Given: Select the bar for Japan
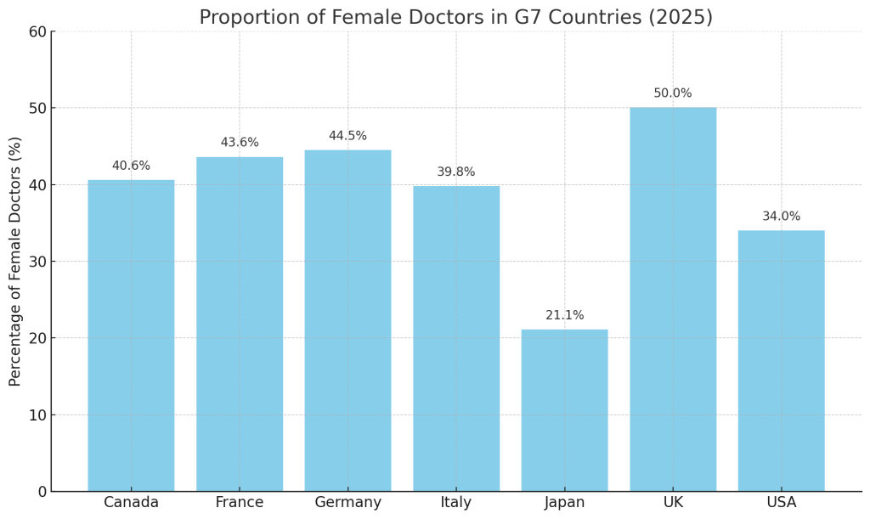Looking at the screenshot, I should pyautogui.click(x=564, y=410).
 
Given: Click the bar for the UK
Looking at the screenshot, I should pyautogui.click(x=673, y=299).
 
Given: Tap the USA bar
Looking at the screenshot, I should pyautogui.click(x=781, y=361).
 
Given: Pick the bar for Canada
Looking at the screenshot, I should pyautogui.click(x=131, y=336).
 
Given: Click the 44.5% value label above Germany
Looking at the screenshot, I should pyautogui.click(x=347, y=136).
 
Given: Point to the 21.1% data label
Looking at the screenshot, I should pyautogui.click(x=564, y=315).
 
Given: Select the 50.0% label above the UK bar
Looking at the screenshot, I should pyautogui.click(x=673, y=93).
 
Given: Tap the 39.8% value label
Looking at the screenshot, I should pyautogui.click(x=456, y=172).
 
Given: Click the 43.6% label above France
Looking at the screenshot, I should pyautogui.click(x=240, y=143).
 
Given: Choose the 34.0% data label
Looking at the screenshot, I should pyautogui.click(x=781, y=217).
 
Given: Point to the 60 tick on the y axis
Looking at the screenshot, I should pyautogui.click(x=37, y=31).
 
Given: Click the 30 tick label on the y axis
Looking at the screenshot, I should pyautogui.click(x=37, y=262).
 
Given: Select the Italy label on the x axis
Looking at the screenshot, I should pyautogui.click(x=456, y=503).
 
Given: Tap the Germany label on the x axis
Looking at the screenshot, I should pyautogui.click(x=347, y=503).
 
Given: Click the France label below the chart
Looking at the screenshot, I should pyautogui.click(x=240, y=503).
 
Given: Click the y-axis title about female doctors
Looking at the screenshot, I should pyautogui.click(x=15, y=262).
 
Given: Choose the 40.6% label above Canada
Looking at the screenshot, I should pyautogui.click(x=131, y=166).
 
